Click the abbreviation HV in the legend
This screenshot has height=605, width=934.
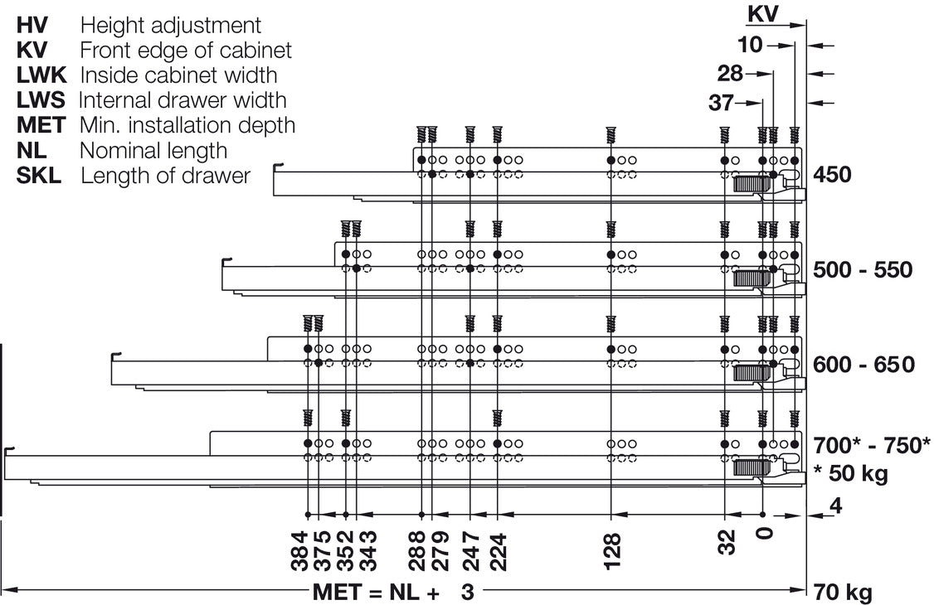[x=32, y=25]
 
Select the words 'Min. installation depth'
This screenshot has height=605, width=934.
[x=187, y=125]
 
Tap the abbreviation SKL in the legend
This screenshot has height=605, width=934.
[x=39, y=176]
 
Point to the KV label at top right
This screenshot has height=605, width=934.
[x=762, y=13]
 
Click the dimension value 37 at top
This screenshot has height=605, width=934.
[x=721, y=103]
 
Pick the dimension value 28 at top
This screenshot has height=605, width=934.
[x=730, y=73]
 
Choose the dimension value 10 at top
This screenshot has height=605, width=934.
[x=750, y=45]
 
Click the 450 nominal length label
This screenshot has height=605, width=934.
[x=832, y=175]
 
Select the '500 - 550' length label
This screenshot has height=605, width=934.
[x=863, y=270]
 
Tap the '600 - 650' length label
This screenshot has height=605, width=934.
[x=863, y=364]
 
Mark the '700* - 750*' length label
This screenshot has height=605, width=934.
[x=872, y=445]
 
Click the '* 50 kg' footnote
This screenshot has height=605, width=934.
[x=850, y=473]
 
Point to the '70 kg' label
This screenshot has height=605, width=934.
[x=842, y=593]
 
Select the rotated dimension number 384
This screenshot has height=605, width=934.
[x=299, y=551]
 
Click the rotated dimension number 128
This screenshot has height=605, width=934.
[x=612, y=551]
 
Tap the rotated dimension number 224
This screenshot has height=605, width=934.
[x=498, y=551]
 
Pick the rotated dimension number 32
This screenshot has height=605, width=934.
[x=727, y=542]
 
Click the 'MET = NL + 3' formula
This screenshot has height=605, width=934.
[x=394, y=593]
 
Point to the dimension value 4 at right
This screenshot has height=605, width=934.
[x=836, y=506]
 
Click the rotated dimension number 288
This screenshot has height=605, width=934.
[x=417, y=551]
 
